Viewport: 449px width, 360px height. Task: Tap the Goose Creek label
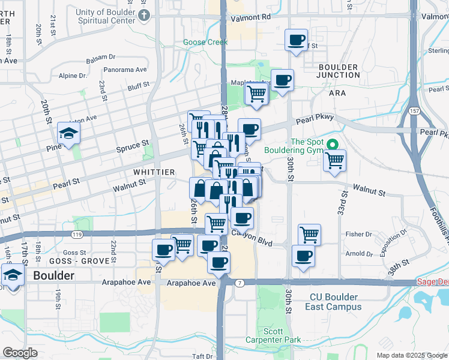[205, 43]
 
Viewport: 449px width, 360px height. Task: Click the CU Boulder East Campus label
[336, 302]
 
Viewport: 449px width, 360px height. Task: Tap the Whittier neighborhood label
[154, 172]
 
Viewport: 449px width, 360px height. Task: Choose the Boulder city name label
[54, 276]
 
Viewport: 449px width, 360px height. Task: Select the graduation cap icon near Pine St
[69, 134]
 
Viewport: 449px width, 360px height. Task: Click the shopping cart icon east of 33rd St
[334, 160]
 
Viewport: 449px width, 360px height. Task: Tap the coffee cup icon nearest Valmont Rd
[295, 40]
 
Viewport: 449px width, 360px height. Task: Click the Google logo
[20, 353]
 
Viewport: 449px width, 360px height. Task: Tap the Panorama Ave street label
[125, 70]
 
